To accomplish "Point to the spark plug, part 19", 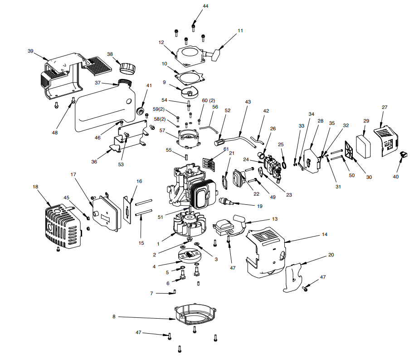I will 226,201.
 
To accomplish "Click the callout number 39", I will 30,51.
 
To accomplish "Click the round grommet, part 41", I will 141,111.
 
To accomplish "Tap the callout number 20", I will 331,255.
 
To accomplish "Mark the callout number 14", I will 324,234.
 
